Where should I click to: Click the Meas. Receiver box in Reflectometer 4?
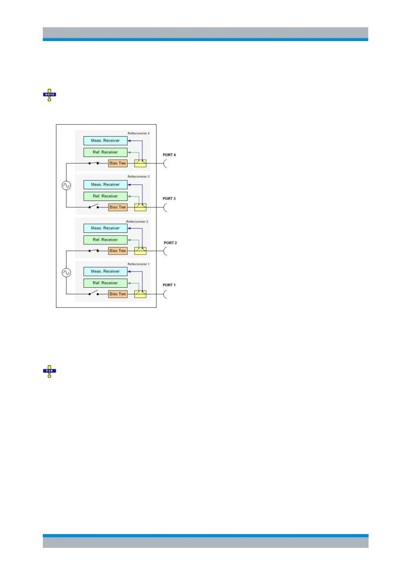(105, 141)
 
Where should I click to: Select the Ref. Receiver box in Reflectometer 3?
(105, 196)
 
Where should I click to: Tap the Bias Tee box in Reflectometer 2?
(118, 251)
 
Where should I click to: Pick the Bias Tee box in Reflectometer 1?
(118, 294)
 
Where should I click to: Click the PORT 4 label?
(169, 155)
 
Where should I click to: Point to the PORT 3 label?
(169, 199)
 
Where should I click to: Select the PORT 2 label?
(170, 243)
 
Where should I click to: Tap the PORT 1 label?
(169, 285)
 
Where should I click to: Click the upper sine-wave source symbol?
(66, 186)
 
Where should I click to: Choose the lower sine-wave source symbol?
(66, 273)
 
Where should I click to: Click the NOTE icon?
(49, 95)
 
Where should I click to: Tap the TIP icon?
(49, 371)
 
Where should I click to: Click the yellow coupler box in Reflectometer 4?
(140, 164)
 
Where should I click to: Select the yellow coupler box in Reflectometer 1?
(140, 294)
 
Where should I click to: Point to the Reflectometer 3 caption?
(138, 177)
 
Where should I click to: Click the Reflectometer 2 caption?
(137, 222)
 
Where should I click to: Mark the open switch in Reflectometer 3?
(94, 207)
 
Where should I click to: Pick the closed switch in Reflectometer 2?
(94, 250)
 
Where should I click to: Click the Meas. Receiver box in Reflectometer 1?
(105, 272)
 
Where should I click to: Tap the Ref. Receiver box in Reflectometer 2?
(105, 240)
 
